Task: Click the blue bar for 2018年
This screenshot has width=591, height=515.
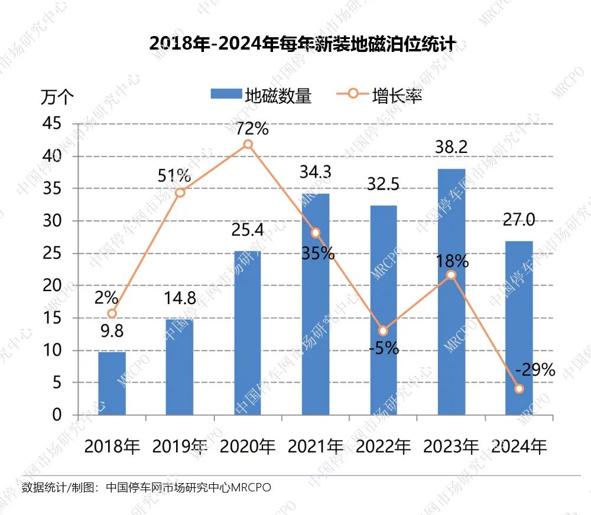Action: pos(112,383)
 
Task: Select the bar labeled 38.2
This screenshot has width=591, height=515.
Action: pos(451,292)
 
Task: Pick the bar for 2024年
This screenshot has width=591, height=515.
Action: pos(519,328)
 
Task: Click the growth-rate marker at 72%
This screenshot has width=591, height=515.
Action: pos(248,145)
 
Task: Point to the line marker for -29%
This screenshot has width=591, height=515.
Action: pos(519,389)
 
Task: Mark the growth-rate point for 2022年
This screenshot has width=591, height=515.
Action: pos(383,331)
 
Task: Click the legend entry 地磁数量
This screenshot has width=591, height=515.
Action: pos(261,96)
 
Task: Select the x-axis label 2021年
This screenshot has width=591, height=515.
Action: pos(316,446)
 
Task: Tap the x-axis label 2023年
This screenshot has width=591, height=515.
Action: pos(451,446)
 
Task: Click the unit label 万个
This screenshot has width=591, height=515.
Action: pos(57,97)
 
